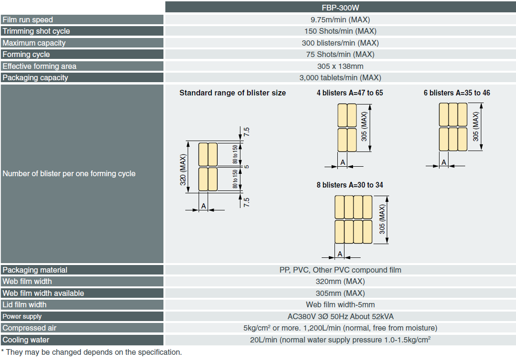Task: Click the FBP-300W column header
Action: (340, 8)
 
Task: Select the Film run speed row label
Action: (28, 20)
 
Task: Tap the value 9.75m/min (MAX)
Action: (340, 20)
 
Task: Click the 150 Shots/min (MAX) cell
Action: (340, 31)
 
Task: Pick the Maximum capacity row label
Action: (34, 43)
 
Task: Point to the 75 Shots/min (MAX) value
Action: (340, 55)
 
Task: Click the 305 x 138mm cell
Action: (340, 66)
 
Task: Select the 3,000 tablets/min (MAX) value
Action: (340, 78)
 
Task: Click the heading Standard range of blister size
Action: (232, 93)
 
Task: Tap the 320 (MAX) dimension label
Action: (183, 167)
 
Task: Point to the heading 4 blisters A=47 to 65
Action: (350, 93)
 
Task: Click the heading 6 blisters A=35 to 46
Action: (457, 93)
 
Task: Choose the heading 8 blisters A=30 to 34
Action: (350, 185)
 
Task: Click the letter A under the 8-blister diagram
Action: (340, 254)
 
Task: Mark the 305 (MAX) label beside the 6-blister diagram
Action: (476, 127)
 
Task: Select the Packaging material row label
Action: (35, 270)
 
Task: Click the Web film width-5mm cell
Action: (340, 305)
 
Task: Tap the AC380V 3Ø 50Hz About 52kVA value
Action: (340, 317)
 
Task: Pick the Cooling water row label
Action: (26, 340)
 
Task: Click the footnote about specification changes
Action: (91, 352)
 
